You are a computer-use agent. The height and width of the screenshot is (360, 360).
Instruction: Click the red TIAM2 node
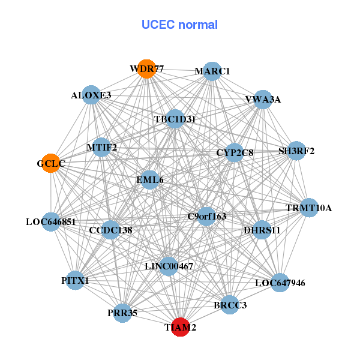point(181,328)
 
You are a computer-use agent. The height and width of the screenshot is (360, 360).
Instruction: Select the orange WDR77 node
point(146,69)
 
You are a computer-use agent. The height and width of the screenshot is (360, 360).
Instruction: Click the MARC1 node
point(212,71)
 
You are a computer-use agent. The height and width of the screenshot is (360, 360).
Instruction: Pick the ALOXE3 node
point(91,95)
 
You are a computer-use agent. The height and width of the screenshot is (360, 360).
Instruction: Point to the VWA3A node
point(263,100)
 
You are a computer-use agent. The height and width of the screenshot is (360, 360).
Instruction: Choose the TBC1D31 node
point(175,119)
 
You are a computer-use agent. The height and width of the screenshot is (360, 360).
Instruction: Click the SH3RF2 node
point(296,151)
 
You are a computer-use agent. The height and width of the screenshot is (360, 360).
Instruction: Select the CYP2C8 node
point(235,153)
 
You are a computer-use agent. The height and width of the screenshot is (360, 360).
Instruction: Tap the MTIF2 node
point(101,147)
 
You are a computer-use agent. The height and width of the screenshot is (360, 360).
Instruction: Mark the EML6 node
point(149,179)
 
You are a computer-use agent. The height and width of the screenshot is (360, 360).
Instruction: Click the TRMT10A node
point(308,208)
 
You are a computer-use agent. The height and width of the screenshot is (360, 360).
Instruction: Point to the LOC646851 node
point(50,222)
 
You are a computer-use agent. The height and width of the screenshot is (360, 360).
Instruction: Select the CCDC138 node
point(110,230)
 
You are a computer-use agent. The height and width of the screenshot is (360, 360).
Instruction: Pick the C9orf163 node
point(206,216)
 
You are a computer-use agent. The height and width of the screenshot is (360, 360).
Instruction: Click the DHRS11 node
point(262,230)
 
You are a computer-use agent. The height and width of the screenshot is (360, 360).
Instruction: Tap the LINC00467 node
point(169,266)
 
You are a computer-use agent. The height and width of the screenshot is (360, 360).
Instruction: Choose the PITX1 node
point(75,280)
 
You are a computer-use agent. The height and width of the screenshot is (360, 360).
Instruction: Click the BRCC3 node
point(230,305)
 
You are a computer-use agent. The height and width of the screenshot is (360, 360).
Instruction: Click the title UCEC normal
point(179,25)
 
